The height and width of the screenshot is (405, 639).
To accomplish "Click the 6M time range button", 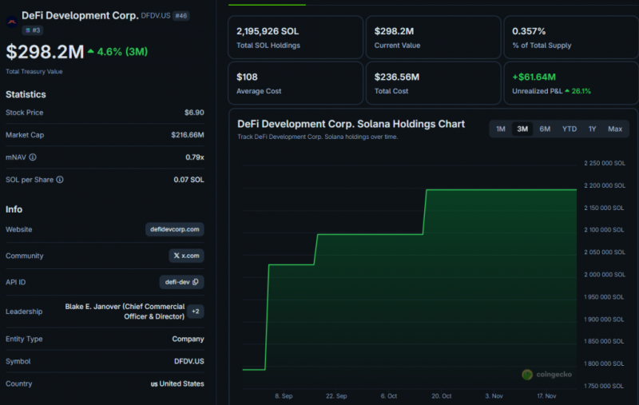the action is [545, 129].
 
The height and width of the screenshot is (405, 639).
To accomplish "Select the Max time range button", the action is [615, 129].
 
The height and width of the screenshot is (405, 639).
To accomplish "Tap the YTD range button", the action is [570, 129].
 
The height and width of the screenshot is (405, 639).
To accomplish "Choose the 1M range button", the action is [501, 129].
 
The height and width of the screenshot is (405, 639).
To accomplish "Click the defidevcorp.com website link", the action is [175, 229].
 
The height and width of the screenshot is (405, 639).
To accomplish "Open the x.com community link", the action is [187, 256].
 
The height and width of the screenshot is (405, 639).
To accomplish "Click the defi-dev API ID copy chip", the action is [182, 282].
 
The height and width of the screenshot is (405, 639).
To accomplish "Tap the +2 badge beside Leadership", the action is [196, 312].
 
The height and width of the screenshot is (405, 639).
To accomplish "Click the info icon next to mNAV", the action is [33, 157].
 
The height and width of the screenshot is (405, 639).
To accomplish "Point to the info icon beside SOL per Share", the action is [60, 180].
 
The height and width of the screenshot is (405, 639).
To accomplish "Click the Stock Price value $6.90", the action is [194, 113].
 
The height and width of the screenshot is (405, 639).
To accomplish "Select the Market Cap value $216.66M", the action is [188, 135].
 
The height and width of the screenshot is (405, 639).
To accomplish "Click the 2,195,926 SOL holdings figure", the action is [268, 31].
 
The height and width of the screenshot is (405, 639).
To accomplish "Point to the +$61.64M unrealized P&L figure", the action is [534, 77].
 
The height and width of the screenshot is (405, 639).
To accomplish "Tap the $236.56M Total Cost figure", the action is [397, 77].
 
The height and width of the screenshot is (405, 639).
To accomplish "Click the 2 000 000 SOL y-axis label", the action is [605, 275].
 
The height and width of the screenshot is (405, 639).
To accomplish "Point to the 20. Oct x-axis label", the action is [442, 396].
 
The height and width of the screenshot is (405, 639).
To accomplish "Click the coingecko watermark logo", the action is [527, 375].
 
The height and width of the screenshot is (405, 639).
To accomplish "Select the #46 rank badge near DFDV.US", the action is [181, 16].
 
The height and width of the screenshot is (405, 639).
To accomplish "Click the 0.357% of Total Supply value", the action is [529, 31].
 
